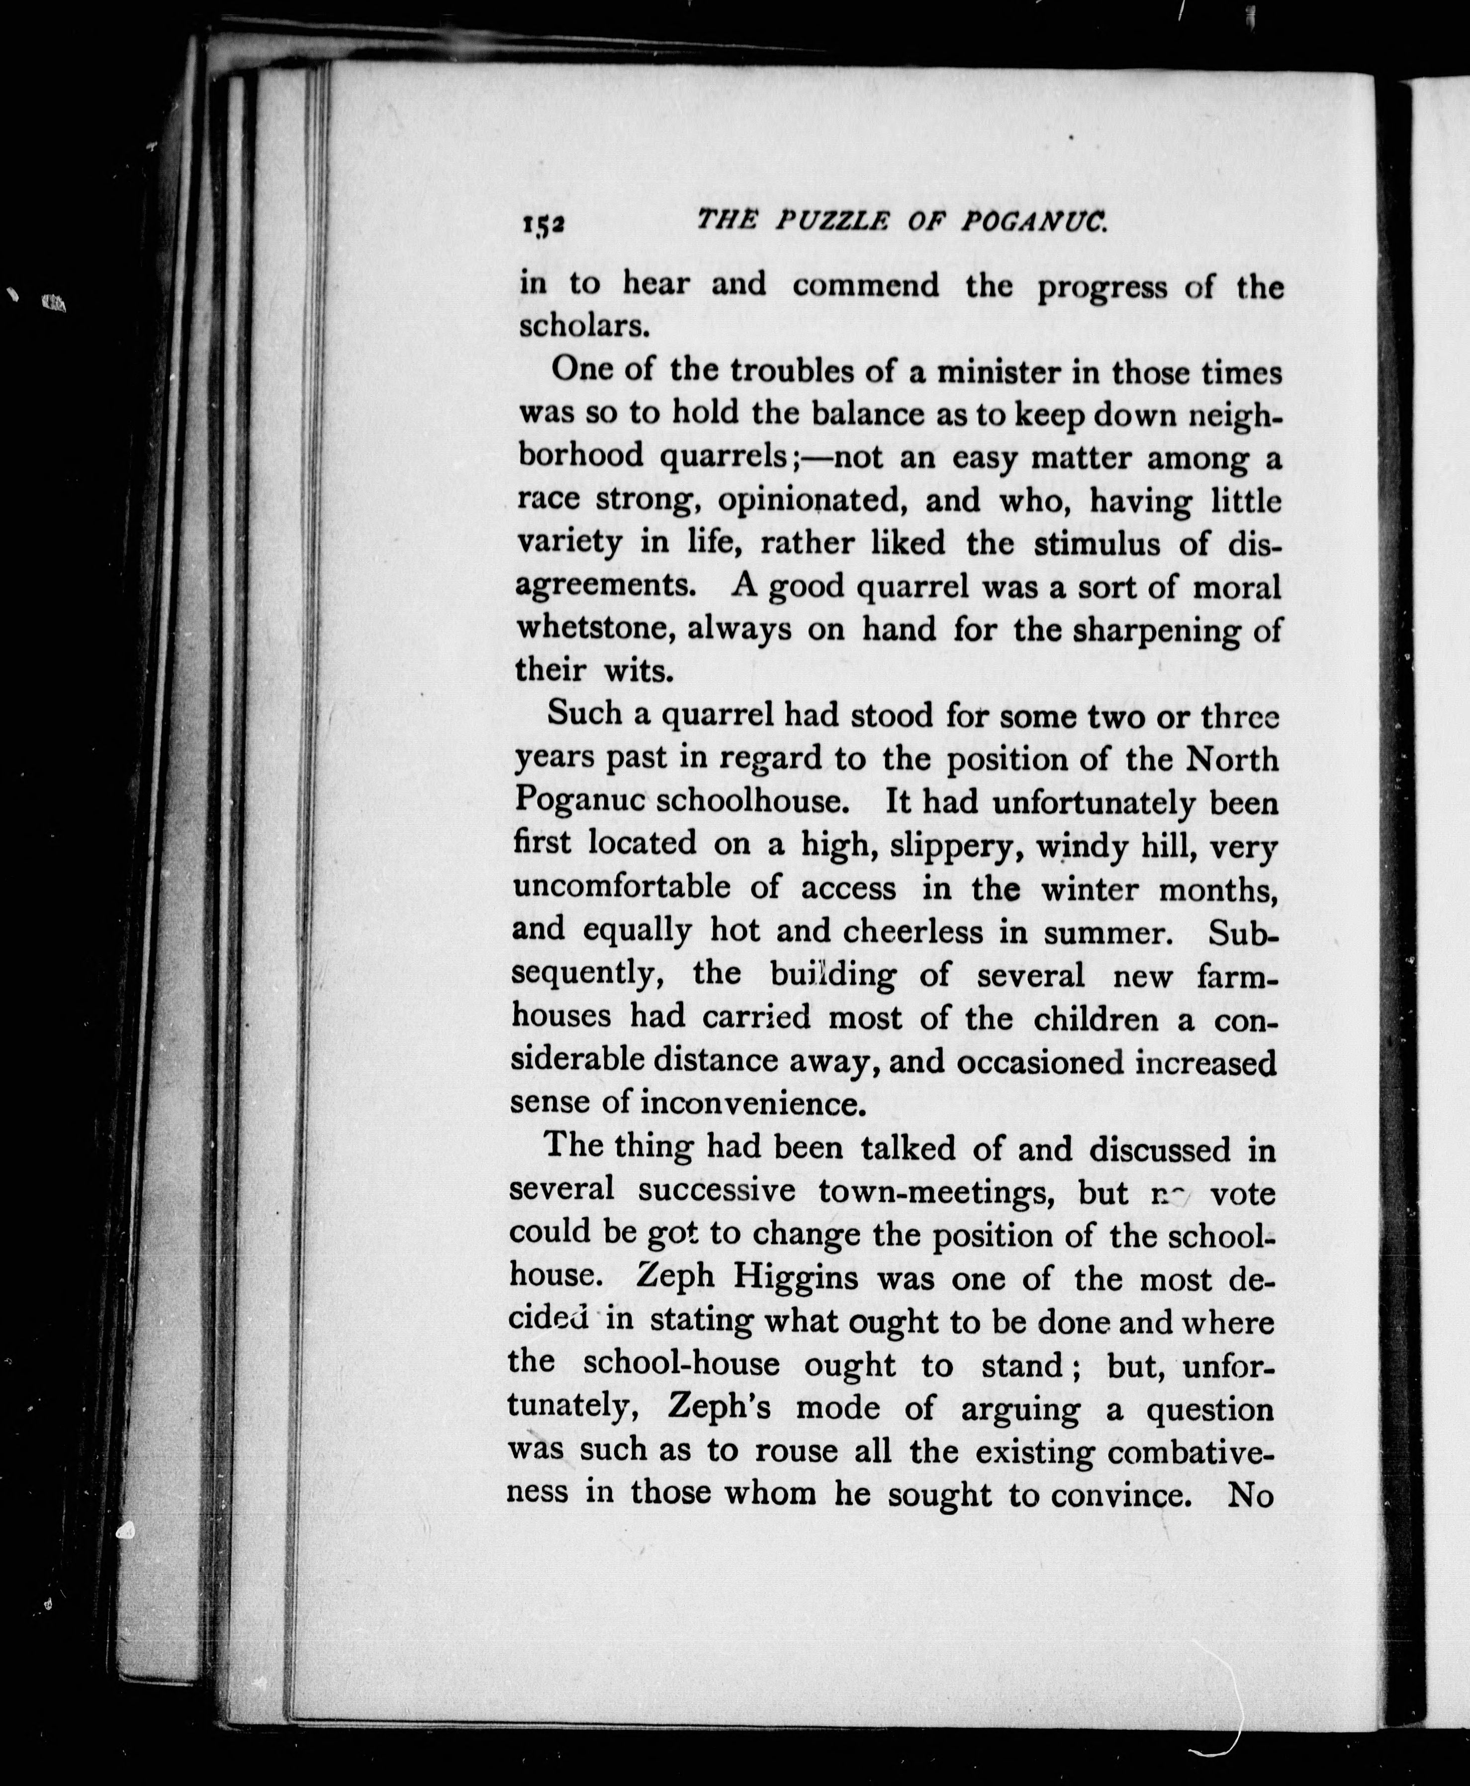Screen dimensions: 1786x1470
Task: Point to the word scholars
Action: tap(577, 326)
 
